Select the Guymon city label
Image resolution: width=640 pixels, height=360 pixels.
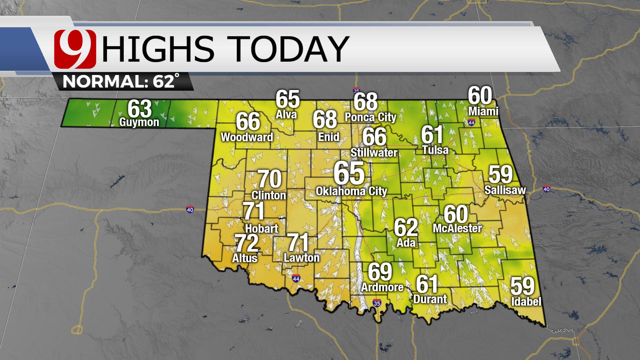[x=139, y=122]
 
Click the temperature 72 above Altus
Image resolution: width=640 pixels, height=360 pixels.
[x=247, y=244]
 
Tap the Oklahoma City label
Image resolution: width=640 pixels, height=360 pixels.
[x=351, y=191]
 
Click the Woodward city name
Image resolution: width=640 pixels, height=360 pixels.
[x=247, y=137]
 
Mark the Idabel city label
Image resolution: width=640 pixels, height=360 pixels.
[x=526, y=302]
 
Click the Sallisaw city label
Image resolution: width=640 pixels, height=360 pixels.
[x=505, y=190]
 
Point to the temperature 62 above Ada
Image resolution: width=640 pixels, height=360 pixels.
[x=406, y=228]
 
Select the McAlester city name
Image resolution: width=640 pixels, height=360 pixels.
[x=457, y=228]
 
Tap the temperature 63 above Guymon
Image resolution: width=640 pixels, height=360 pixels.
[x=140, y=109]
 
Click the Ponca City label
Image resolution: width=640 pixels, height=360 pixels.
[x=370, y=117]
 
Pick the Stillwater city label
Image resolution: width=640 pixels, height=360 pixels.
[x=374, y=153]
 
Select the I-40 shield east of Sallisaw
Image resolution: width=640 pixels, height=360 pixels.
[x=546, y=189]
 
